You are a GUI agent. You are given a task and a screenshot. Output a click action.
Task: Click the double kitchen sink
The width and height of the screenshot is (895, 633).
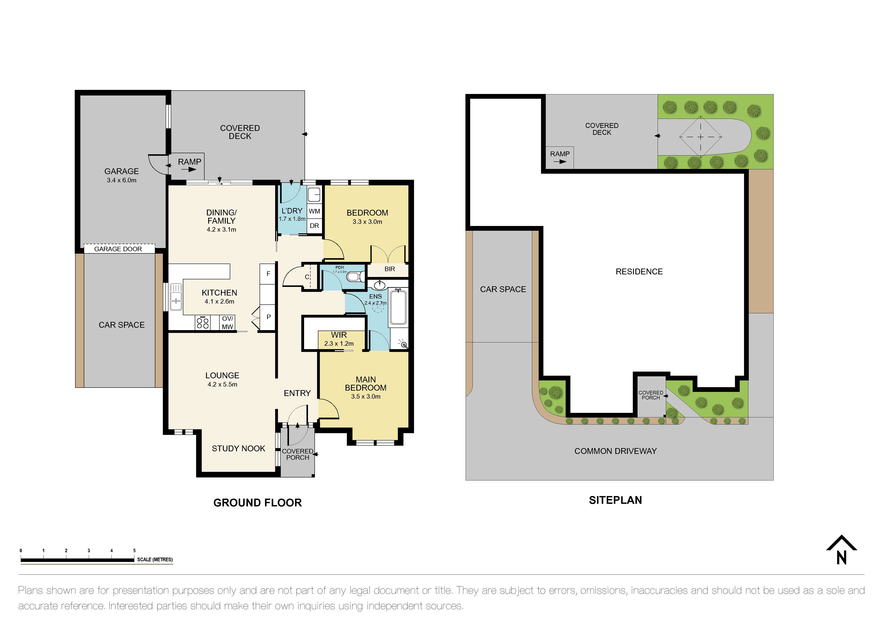pyautogui.click(x=176, y=297)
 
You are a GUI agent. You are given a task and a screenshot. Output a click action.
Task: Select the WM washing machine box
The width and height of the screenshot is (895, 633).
pyautogui.click(x=314, y=211)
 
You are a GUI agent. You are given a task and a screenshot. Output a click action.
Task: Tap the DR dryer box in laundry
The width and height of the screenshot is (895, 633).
pyautogui.click(x=314, y=226)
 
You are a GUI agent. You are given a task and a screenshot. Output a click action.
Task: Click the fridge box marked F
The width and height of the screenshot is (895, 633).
pyautogui.click(x=268, y=274)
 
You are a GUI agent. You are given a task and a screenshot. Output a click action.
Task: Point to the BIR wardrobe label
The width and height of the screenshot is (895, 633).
pyautogui.click(x=389, y=269)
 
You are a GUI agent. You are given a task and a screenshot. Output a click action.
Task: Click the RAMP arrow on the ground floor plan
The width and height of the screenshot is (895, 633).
pyautogui.click(x=189, y=170)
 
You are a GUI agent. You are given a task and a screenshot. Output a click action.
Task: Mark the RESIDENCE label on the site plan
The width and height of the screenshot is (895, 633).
pyautogui.click(x=639, y=271)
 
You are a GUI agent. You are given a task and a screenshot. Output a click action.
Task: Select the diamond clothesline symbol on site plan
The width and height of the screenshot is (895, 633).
pyautogui.click(x=700, y=137)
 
